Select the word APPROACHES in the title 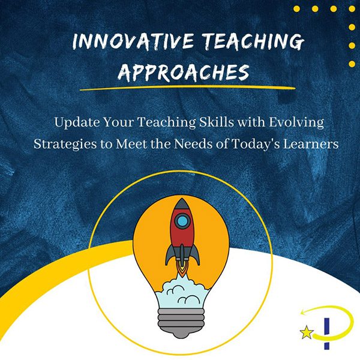point(184,73)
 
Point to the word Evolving point(296,122)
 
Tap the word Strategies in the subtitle point(65,145)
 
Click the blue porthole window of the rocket point(182,221)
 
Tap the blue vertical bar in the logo point(327,334)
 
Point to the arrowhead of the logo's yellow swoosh point(303,313)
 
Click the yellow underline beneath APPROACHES point(188,88)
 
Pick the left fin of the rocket point(170,254)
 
